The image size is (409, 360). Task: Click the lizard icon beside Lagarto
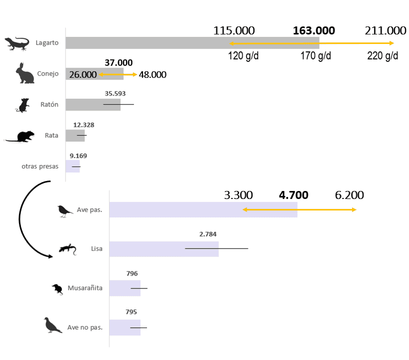click(17, 43)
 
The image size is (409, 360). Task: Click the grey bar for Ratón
click(92, 104)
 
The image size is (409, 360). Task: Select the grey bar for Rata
click(75, 135)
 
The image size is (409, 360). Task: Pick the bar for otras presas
click(72, 166)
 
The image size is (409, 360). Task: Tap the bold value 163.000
click(313, 30)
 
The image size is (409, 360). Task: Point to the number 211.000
click(385, 30)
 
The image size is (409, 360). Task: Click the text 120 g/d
click(243, 55)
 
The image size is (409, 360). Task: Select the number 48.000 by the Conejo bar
click(152, 74)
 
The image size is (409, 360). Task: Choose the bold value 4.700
click(293, 195)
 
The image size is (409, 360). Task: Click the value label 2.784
click(207, 234)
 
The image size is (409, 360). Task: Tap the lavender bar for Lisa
click(163, 249)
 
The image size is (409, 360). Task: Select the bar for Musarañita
click(124, 288)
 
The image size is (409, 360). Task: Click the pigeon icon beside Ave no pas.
click(52, 325)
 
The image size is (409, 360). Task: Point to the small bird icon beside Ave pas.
click(64, 210)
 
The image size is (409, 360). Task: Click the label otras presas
click(40, 166)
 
